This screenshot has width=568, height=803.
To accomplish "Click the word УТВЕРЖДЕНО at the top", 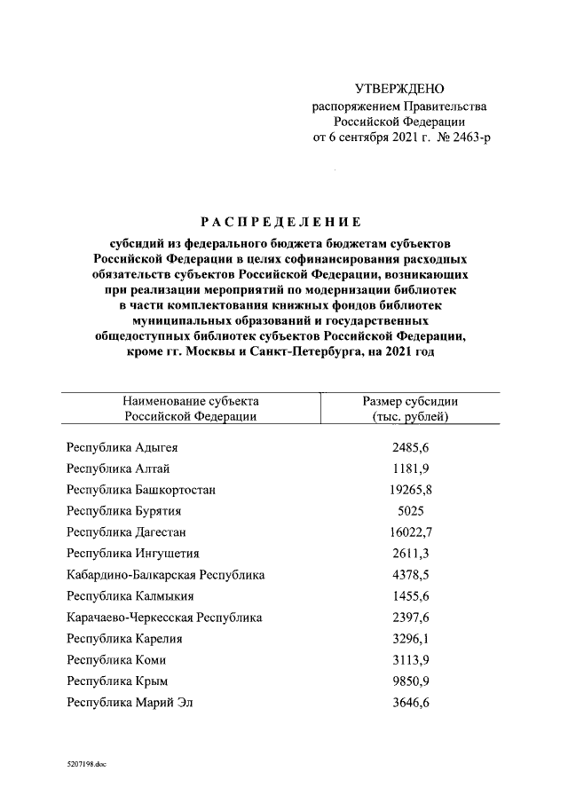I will pyautogui.click(x=399, y=89).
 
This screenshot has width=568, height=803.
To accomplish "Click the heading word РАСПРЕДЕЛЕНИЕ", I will pyautogui.click(x=280, y=222).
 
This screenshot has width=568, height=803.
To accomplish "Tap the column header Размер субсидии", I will pyautogui.click(x=411, y=401).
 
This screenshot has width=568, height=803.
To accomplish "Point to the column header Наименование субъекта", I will pyautogui.click(x=191, y=401).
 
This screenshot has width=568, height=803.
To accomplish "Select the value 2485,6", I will pyautogui.click(x=411, y=447).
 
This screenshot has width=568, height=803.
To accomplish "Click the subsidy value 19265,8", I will pyautogui.click(x=411, y=490).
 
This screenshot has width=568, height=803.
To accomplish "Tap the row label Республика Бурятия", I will pyautogui.click(x=118, y=511).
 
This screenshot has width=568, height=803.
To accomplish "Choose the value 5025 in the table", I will pyautogui.click(x=411, y=511).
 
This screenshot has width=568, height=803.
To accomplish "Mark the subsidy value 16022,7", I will pyautogui.click(x=411, y=532).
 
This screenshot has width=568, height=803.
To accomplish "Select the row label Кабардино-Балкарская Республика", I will pyautogui.click(x=166, y=575).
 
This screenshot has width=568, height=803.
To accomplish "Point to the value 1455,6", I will pyautogui.click(x=411, y=596).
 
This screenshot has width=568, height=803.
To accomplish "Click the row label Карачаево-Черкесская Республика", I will pyautogui.click(x=165, y=618).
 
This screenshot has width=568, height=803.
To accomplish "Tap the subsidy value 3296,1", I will pyautogui.click(x=411, y=639).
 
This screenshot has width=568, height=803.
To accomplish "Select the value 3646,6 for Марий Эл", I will pyautogui.click(x=411, y=703).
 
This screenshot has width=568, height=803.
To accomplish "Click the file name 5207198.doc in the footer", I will pyautogui.click(x=86, y=763).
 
